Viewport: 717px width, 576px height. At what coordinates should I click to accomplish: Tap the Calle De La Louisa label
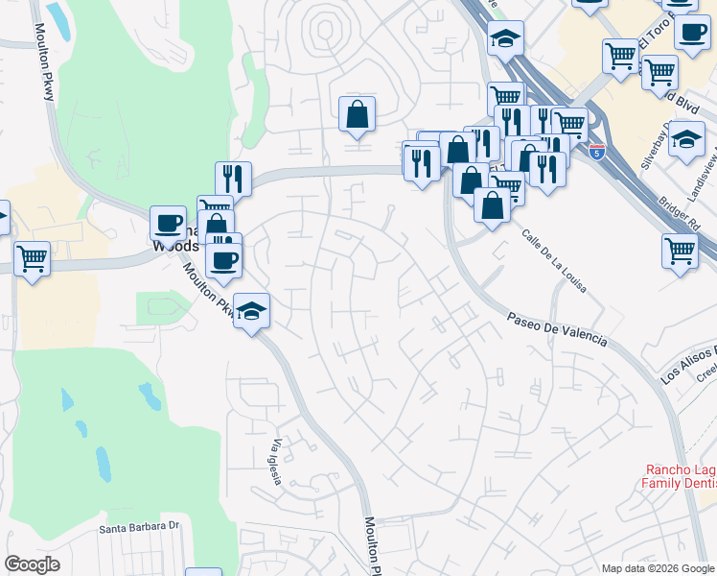click(554, 260)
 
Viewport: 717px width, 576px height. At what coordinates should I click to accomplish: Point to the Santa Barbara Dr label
click(140, 526)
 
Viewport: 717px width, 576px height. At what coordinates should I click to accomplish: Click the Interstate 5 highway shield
click(597, 153)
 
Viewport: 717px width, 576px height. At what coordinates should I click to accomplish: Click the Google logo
click(32, 564)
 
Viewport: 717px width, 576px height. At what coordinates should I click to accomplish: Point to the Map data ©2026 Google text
click(659, 568)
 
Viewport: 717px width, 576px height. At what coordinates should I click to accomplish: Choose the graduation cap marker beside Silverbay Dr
click(686, 138)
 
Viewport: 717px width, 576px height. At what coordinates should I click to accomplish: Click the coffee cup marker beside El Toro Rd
click(692, 32)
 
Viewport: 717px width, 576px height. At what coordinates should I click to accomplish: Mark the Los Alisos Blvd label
click(687, 364)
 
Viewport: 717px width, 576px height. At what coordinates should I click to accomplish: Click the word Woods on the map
click(175, 246)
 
